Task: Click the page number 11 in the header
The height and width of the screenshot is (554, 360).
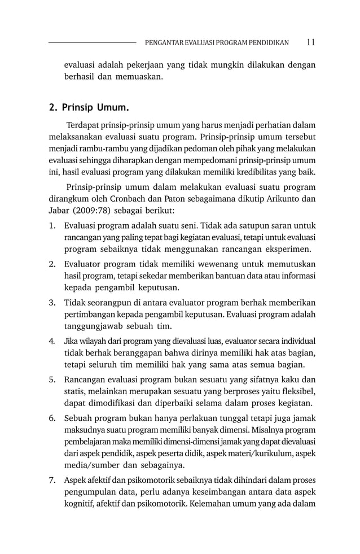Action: pyautogui.click(x=311, y=42)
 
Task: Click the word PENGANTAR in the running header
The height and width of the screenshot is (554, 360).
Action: pyautogui.click(x=164, y=42)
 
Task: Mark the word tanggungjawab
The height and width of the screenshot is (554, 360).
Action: pyautogui.click(x=98, y=326)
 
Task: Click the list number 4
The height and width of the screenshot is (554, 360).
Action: pyautogui.click(x=51, y=342)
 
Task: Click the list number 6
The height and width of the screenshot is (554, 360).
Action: pyautogui.click(x=51, y=418)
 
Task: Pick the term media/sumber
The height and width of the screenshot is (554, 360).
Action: pyautogui.click(x=92, y=465)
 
